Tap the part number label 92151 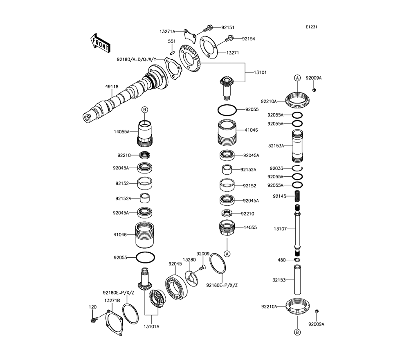pos(228,27)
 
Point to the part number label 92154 pos(248,39)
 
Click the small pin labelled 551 pos(173,52)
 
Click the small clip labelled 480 pos(298,260)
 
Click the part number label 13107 pos(281,229)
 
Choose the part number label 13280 pos(189,260)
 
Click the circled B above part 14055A pos(144,110)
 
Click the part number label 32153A pos(276,145)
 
